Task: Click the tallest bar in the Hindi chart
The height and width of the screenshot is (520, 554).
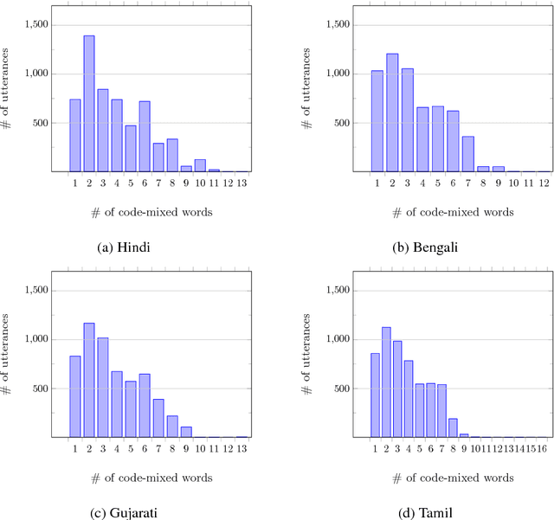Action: (88, 104)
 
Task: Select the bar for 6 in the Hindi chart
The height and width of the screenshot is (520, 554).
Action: (145, 137)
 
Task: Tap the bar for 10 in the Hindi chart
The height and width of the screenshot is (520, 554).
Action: (200, 166)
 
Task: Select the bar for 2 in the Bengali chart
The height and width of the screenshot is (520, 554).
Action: (392, 112)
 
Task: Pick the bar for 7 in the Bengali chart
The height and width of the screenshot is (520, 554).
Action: (468, 154)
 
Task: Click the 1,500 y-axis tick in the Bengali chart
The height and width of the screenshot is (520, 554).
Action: (338, 25)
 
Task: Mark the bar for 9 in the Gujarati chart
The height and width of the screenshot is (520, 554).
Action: (186, 432)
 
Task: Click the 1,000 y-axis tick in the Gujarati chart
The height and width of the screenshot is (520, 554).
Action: (37, 339)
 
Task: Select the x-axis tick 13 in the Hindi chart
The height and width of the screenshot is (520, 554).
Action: (242, 184)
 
